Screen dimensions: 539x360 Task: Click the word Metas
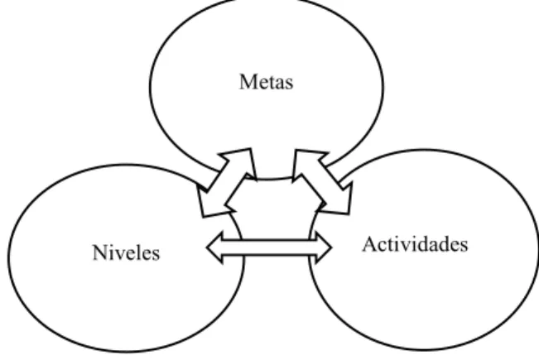point(267,82)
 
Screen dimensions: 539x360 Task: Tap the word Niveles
point(126,252)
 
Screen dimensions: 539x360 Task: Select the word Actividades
point(416,244)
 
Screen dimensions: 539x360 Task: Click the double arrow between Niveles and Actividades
point(269,247)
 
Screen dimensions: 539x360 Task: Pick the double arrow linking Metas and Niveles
point(227,183)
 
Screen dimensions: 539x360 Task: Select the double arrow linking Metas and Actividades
point(322,182)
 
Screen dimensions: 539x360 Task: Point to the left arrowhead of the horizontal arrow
point(214,247)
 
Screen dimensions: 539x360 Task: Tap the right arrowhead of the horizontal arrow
point(324,247)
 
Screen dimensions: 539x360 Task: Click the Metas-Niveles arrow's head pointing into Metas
point(240,162)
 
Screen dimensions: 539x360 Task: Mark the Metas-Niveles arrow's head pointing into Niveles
point(209,202)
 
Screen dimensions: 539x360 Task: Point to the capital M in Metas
point(248,82)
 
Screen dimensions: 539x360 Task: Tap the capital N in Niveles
point(100,252)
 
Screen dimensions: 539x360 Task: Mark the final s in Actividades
point(464,247)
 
